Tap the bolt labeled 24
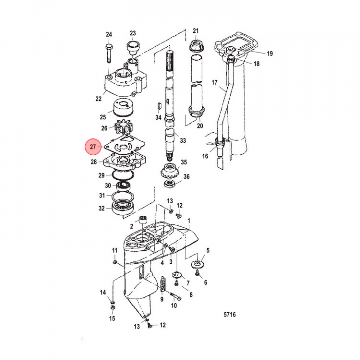click(109, 52)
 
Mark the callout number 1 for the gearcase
click(189, 220)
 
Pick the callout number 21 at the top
click(196, 31)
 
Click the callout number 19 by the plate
click(270, 54)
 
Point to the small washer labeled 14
click(113, 304)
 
